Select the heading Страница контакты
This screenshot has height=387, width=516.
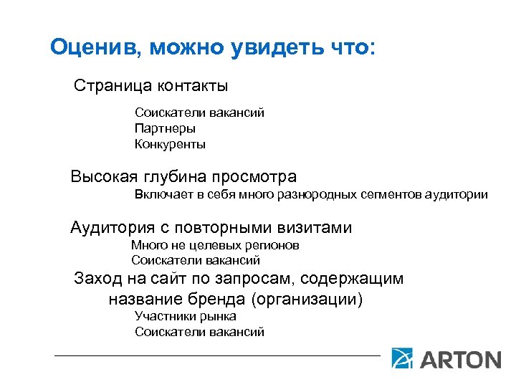click(x=151, y=87)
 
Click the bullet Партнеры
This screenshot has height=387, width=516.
click(x=165, y=128)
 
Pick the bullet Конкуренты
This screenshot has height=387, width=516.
click(x=170, y=144)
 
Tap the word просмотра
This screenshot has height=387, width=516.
click(x=254, y=176)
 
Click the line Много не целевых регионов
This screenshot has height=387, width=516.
click(x=215, y=245)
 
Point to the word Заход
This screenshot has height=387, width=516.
click(x=99, y=279)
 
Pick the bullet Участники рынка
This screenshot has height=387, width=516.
click(x=186, y=316)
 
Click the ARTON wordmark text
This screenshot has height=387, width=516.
click(x=461, y=358)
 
